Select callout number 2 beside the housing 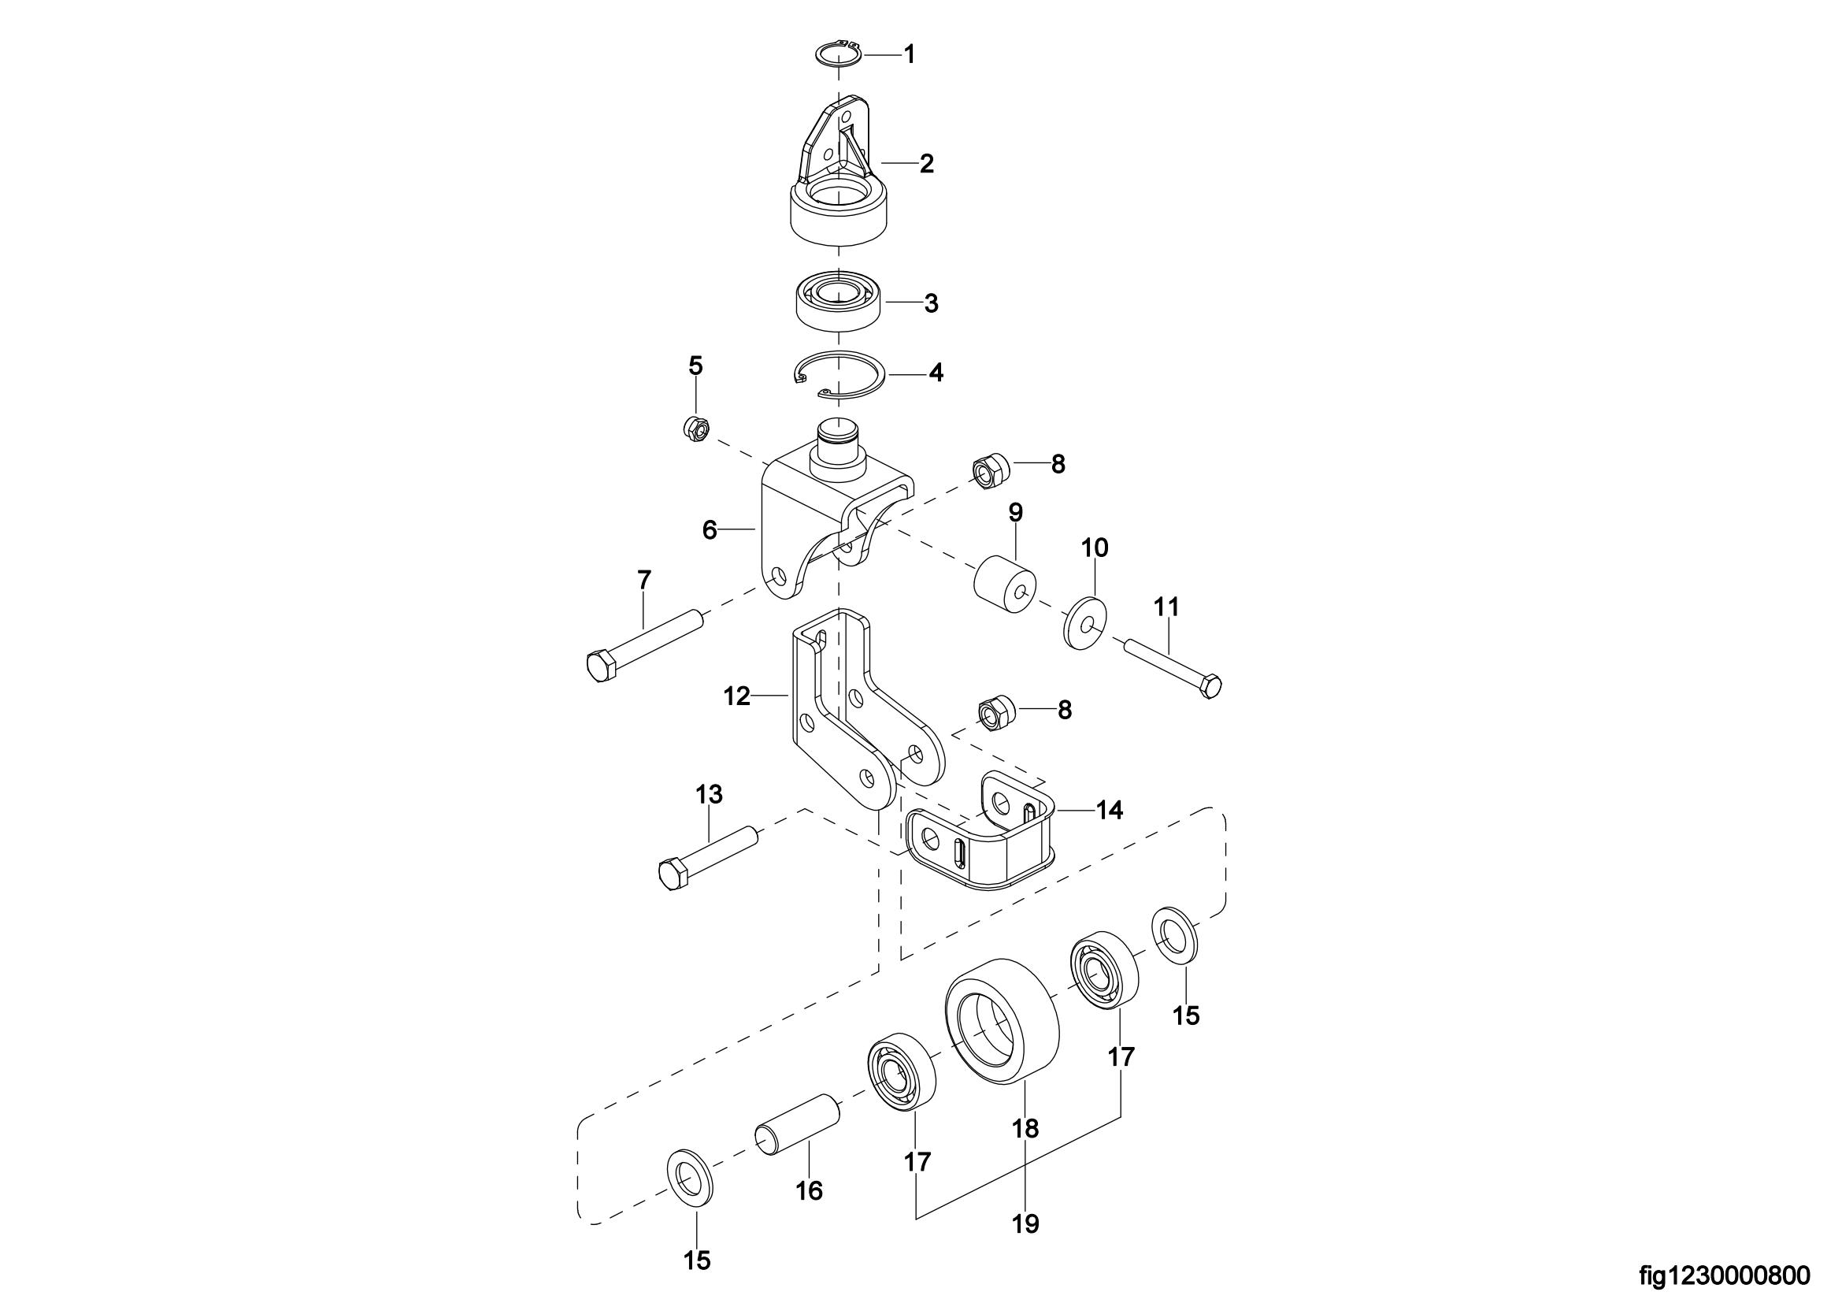click(927, 164)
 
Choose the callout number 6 click(710, 530)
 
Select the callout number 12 click(736, 696)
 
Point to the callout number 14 click(1110, 811)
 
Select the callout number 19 click(1026, 1223)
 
